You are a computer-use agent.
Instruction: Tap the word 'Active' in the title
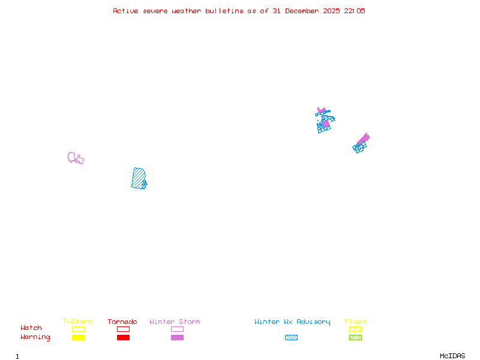[125, 11]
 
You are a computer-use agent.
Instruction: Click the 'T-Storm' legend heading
[77, 322]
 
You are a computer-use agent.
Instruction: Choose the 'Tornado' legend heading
[122, 322]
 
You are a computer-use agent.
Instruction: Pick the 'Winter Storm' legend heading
[175, 322]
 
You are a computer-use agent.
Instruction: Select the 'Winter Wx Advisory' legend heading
[292, 322]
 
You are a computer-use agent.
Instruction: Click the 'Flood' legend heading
[355, 322]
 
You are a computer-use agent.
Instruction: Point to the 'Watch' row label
[31, 328]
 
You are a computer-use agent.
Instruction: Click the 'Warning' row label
[35, 337]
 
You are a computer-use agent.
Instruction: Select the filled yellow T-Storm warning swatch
[78, 338]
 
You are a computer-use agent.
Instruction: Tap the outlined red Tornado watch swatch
[123, 329]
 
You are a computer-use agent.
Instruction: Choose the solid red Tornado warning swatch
[123, 338]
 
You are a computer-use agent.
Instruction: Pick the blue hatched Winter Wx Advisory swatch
[291, 338]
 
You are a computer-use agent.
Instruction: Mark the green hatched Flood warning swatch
[355, 338]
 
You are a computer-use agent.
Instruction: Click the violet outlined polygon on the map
[76, 158]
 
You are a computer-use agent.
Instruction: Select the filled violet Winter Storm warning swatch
[177, 338]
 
